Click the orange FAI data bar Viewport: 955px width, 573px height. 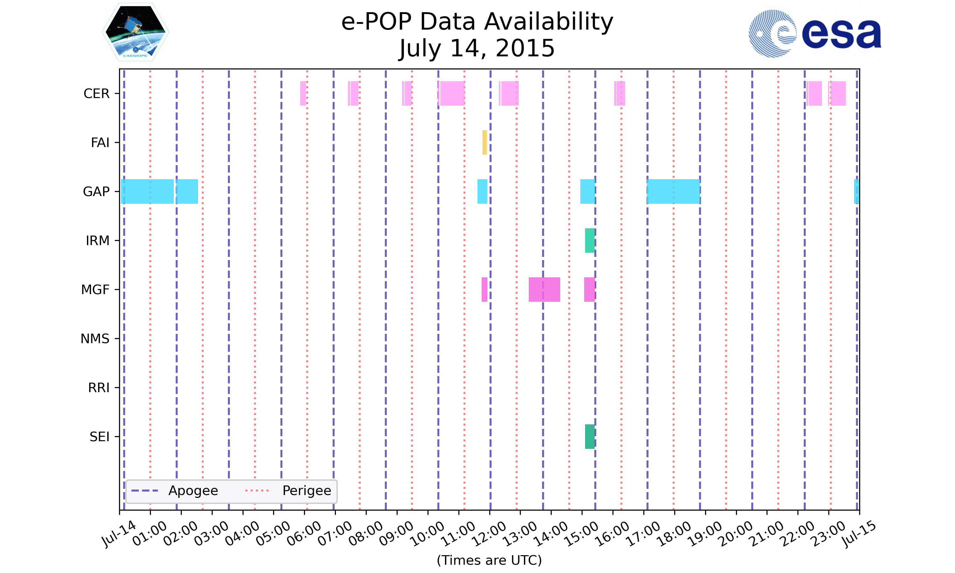click(485, 143)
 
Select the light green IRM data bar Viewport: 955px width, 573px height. click(590, 241)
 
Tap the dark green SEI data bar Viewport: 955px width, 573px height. click(590, 436)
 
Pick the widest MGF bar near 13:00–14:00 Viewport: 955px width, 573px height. click(544, 290)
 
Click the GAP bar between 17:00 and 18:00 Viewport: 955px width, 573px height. click(673, 192)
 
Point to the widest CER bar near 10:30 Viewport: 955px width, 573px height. click(452, 94)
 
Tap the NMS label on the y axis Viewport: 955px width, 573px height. click(95, 339)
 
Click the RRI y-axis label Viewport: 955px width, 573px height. click(99, 388)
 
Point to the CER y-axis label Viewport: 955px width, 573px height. click(96, 94)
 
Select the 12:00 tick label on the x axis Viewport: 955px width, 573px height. click(490, 534)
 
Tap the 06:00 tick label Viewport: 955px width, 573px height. click(304, 534)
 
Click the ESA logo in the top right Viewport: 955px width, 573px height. click(815, 34)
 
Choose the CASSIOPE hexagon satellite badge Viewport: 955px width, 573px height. click(136, 32)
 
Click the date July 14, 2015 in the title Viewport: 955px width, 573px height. click(477, 48)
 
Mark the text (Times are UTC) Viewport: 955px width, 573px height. click(489, 560)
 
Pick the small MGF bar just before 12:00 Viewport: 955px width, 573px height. click(484, 290)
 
